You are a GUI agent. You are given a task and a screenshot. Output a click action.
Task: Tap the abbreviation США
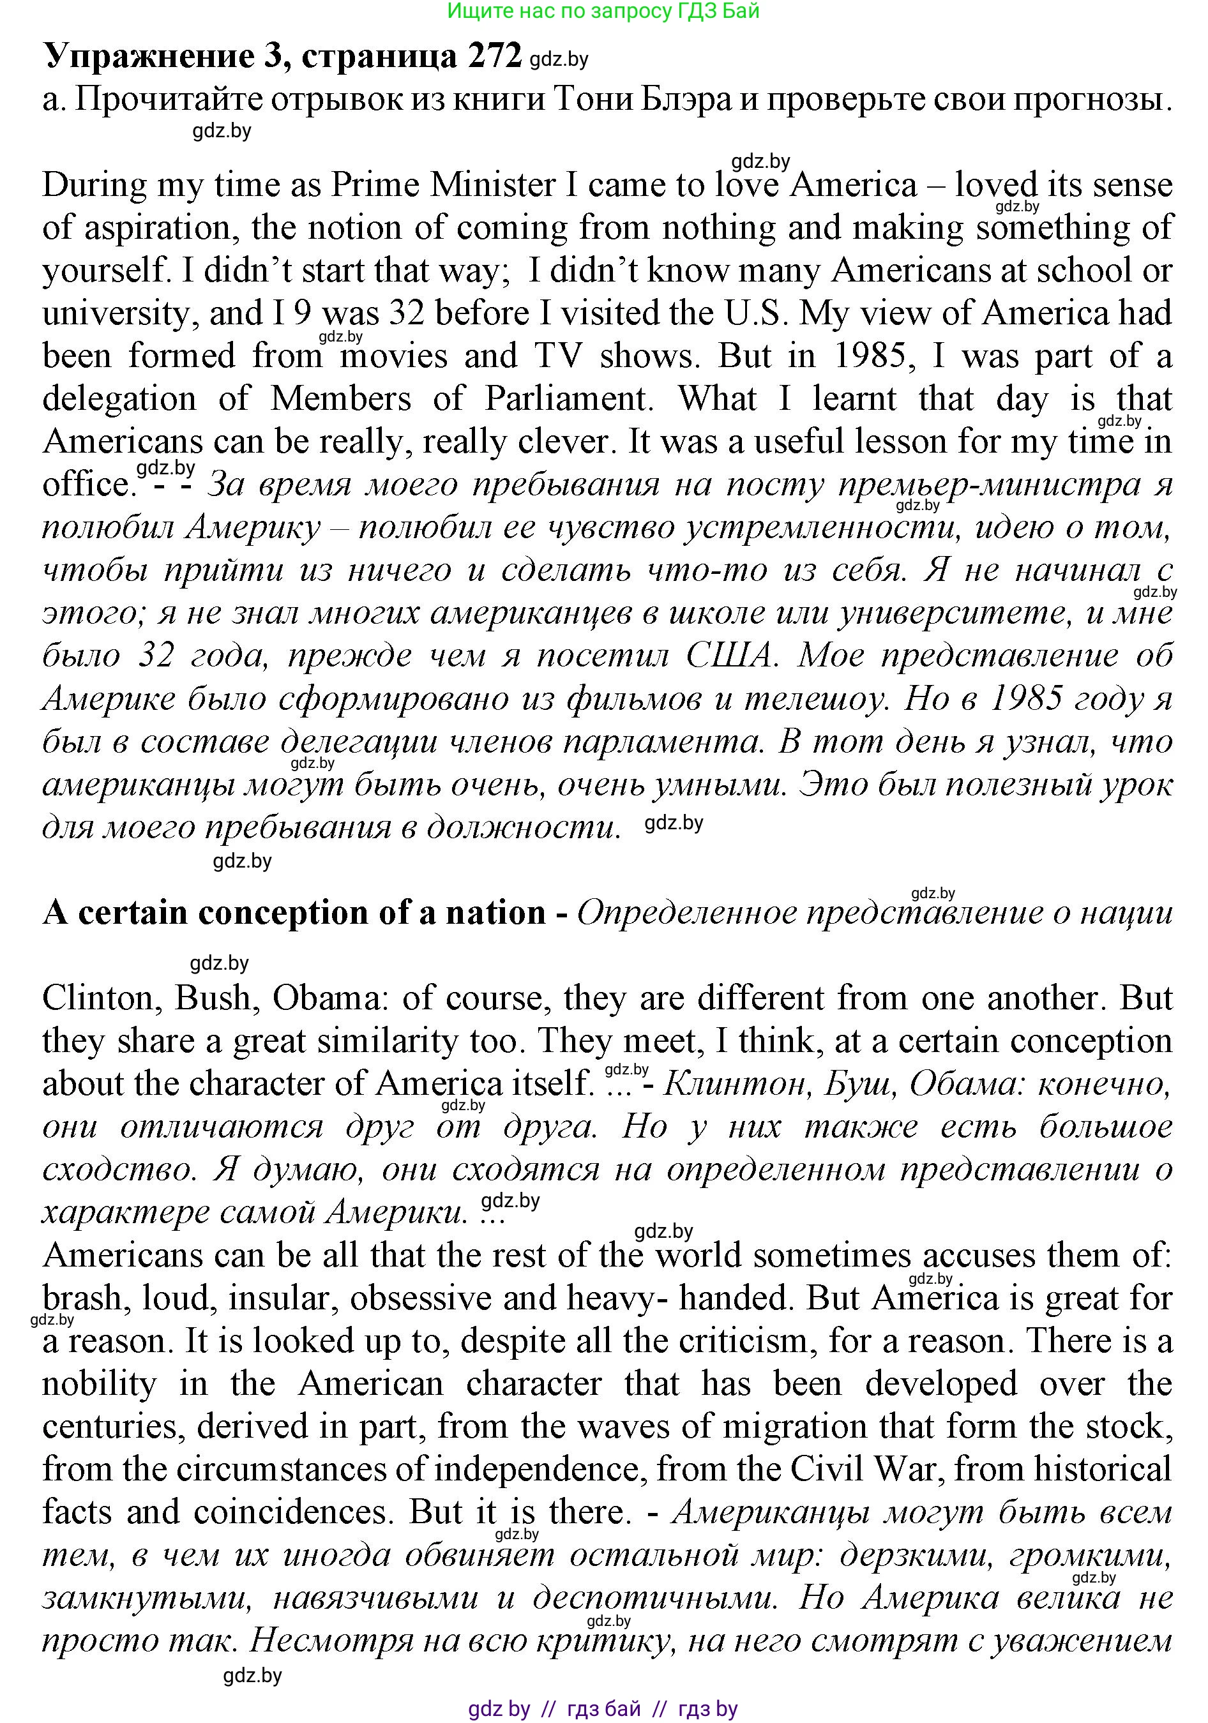click(x=729, y=656)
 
